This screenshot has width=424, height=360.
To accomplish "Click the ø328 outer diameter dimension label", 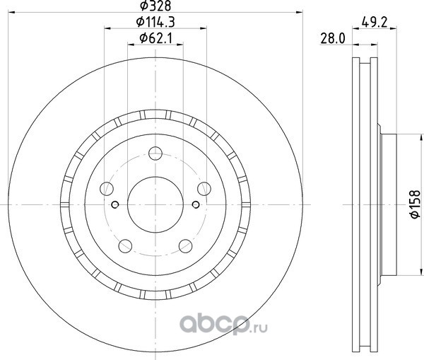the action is [x=155, y=6].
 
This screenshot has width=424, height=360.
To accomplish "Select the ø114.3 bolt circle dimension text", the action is [x=155, y=22].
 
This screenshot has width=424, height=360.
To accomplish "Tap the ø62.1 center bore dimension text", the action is [x=155, y=38].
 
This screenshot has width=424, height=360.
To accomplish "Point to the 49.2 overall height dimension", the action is [x=375, y=22].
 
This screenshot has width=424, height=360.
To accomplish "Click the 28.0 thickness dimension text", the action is [x=333, y=38].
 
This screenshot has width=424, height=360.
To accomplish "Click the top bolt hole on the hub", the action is [x=155, y=153].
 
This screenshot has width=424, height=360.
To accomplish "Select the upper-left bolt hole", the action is [x=107, y=189].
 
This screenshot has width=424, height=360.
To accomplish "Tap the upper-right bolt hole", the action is [x=204, y=189].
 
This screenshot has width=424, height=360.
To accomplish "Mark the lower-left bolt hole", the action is [x=126, y=246].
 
